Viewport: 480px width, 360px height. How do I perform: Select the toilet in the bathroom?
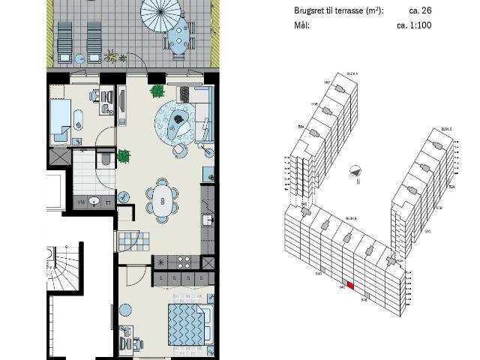[104, 159]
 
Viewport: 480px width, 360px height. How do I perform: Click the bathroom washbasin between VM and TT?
[94, 201]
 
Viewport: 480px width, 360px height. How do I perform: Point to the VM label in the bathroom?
[81, 202]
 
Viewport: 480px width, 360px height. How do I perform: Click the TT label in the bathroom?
[109, 202]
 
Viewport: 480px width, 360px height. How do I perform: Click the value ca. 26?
[419, 11]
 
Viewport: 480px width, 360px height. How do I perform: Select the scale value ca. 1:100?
[414, 25]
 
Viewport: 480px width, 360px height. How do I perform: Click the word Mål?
[302, 25]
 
